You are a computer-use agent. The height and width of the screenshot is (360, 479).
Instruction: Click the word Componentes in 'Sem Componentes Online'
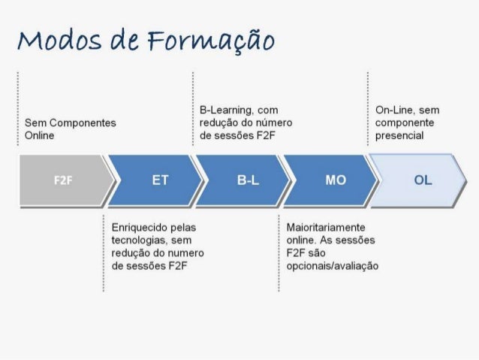tap(82, 123)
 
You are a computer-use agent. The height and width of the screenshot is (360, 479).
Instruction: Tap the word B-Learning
tap(224, 110)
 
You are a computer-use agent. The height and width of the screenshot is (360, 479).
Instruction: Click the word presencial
tap(399, 135)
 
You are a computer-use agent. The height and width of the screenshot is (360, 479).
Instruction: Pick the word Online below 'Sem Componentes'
tap(38, 135)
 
